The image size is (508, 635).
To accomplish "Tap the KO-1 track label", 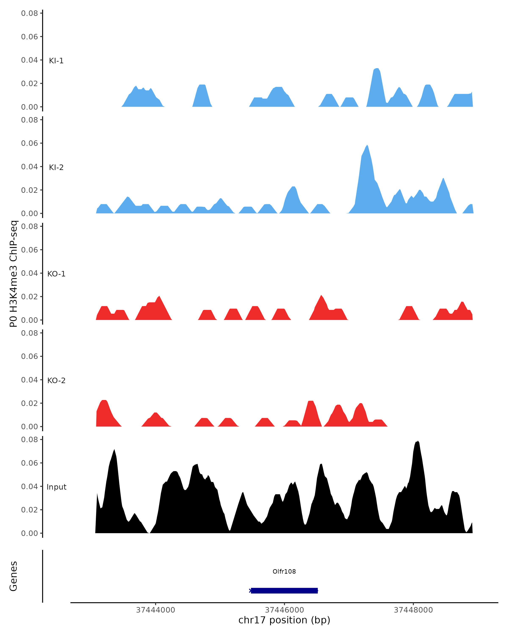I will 56,274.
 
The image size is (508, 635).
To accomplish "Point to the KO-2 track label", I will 56,381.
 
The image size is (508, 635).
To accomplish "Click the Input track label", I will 56,487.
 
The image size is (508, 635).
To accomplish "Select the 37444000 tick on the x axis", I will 156,610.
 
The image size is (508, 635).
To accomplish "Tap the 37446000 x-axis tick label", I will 284,610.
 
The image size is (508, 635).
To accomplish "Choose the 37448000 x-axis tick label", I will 413,610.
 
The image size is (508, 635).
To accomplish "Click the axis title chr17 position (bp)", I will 284,620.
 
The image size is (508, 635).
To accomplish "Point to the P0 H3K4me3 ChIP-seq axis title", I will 14,274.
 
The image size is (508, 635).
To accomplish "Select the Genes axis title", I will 14,576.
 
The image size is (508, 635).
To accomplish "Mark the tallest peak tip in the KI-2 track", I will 367,145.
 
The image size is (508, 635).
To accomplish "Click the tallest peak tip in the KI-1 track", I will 377,69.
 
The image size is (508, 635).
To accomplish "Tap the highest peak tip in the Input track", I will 418,441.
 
